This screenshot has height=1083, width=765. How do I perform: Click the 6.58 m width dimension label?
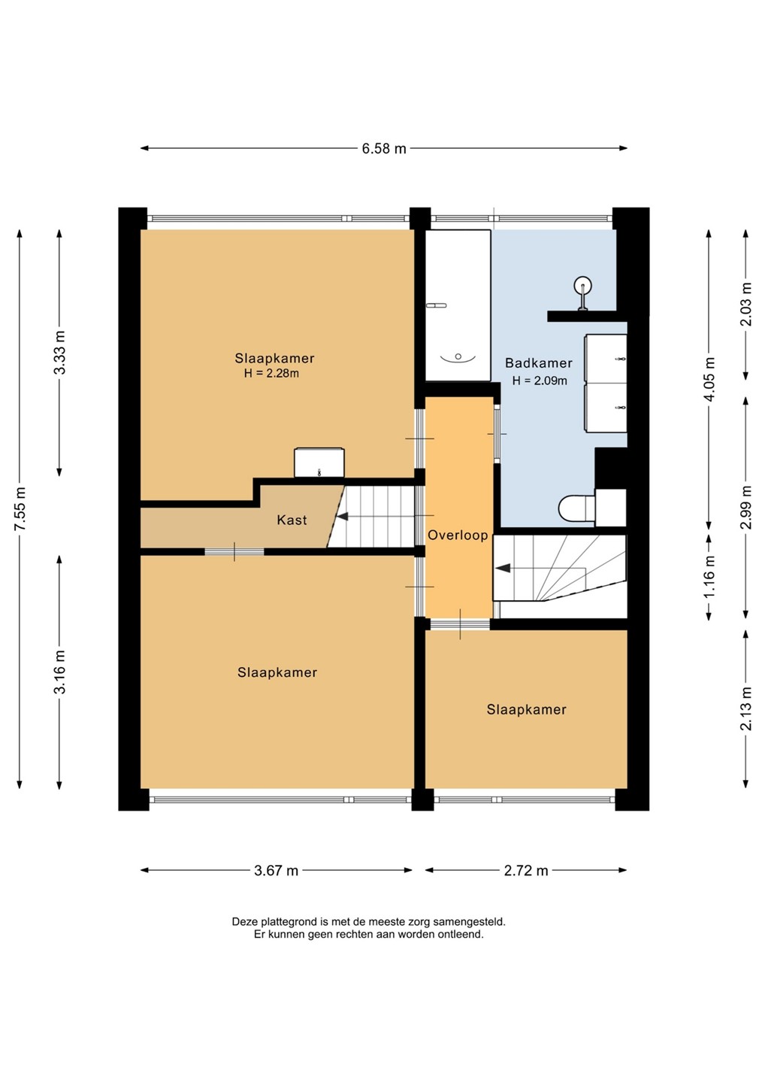tap(384, 148)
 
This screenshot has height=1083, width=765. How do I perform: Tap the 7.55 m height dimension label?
tap(20, 509)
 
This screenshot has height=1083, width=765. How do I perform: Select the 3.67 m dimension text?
tap(277, 871)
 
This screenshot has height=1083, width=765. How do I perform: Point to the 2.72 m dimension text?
tap(526, 871)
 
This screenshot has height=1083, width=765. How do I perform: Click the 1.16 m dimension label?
tap(709, 576)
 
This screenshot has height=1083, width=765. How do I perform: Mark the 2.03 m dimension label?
tap(746, 304)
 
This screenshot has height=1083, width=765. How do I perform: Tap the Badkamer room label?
tap(539, 363)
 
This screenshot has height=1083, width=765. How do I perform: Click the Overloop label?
tap(458, 535)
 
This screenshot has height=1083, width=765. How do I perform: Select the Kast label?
tap(292, 520)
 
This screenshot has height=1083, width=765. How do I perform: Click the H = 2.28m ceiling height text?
tap(271, 373)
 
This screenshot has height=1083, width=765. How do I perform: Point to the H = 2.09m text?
tap(540, 381)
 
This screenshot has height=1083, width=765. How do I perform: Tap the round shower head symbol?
tap(583, 285)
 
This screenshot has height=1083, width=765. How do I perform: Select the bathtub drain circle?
tap(458, 356)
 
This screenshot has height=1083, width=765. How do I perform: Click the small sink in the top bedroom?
tap(319, 463)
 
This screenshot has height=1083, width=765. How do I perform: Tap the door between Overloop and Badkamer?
tap(497, 434)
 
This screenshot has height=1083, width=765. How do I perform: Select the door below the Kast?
tap(234, 552)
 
